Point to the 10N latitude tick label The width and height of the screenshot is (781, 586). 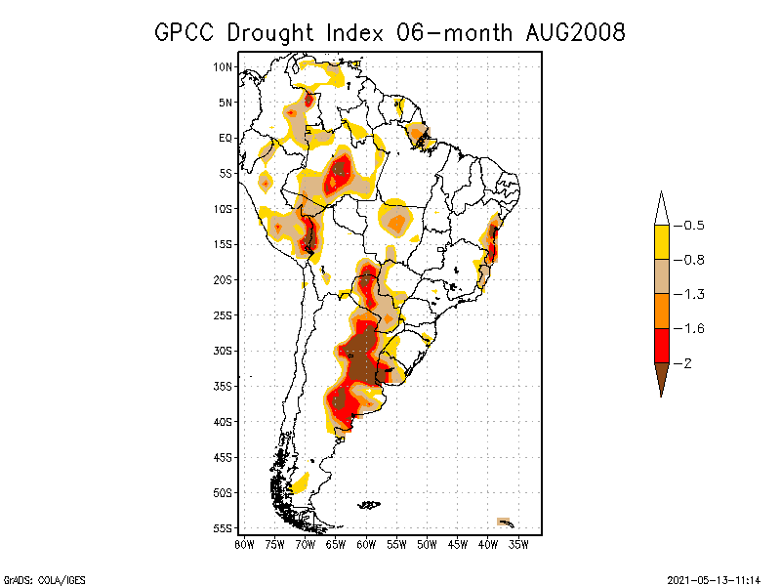point(224,66)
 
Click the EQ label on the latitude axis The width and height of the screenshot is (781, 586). point(226,138)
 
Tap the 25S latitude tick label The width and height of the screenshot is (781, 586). point(224,314)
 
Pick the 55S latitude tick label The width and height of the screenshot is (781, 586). point(224,527)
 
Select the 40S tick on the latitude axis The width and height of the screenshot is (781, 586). point(224,421)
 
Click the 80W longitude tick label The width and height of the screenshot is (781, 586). point(245,543)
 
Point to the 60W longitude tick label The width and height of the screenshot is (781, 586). point(366,543)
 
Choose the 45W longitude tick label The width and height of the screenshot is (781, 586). point(457,543)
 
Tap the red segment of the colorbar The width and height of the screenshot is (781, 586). point(661,346)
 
